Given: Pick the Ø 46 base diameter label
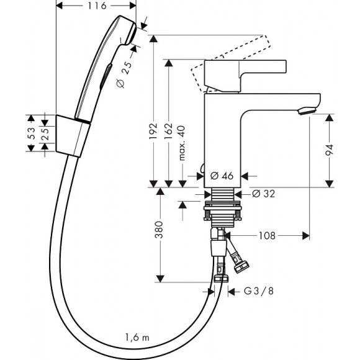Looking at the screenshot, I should point(222,176).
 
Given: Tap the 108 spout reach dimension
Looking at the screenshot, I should point(267,236).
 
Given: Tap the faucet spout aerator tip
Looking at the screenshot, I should point(306,110).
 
